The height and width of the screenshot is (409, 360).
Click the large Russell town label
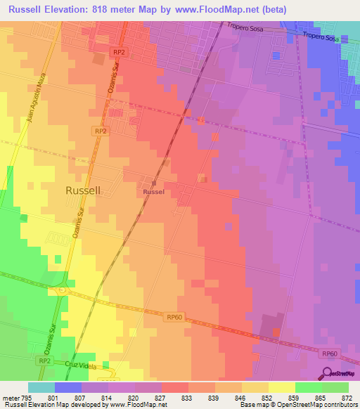pyautogui.click(x=83, y=190)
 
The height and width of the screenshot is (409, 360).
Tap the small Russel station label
pyautogui.click(x=153, y=192)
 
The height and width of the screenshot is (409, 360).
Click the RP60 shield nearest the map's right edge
pyautogui.click(x=330, y=354)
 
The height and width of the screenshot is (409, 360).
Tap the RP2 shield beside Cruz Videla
pyautogui.click(x=44, y=360)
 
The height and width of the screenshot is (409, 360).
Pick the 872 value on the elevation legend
pyautogui.click(x=347, y=398)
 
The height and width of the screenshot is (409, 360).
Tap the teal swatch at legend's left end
pyautogui.click(x=41, y=387)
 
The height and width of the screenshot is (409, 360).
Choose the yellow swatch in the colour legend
pyautogui.click(x=281, y=387)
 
